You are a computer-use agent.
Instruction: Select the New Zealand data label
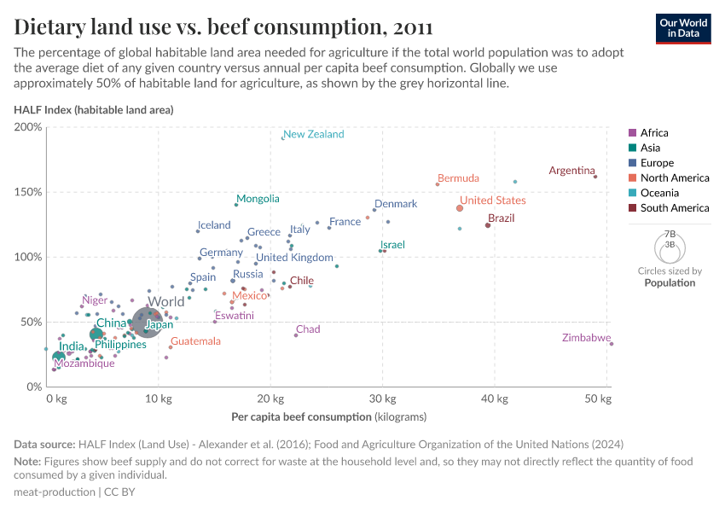[x=313, y=134]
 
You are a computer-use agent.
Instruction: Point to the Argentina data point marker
[x=595, y=177]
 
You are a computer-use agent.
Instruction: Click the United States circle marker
[x=460, y=208]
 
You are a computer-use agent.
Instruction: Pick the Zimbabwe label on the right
[x=586, y=338]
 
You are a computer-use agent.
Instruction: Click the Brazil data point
[x=488, y=225]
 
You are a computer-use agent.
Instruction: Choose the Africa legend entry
[x=653, y=132]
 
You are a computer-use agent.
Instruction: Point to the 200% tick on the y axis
[x=28, y=127]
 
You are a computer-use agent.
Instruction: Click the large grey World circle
[x=146, y=323]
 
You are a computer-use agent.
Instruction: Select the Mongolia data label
[x=258, y=199]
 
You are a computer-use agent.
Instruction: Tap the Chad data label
[x=308, y=329]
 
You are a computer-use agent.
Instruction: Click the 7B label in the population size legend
[x=670, y=233]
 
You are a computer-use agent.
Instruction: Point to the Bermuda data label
[x=459, y=178]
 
